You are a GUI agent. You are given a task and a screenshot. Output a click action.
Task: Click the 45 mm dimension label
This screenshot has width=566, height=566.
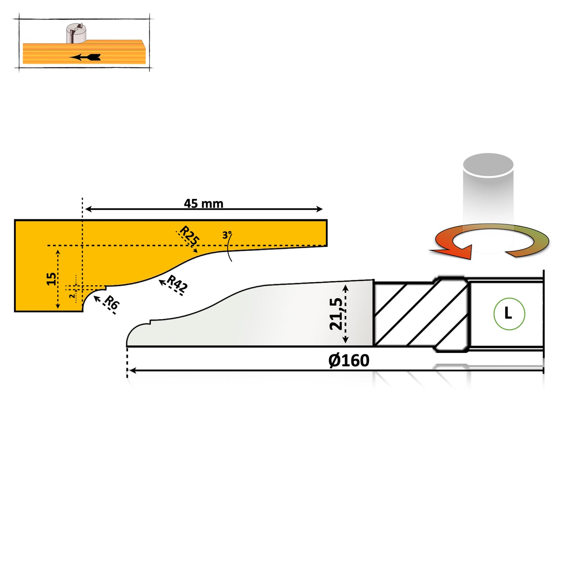[204, 204]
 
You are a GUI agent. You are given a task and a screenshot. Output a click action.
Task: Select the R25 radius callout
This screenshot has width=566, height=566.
[190, 235]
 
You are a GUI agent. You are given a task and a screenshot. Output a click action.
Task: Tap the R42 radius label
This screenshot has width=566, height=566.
[177, 284]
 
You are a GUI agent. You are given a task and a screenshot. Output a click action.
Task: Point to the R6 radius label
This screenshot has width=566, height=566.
[112, 302]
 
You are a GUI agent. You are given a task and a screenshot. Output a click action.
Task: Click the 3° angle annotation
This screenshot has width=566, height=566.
[227, 235]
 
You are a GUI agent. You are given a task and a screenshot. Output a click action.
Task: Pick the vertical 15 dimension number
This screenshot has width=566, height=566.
[51, 279]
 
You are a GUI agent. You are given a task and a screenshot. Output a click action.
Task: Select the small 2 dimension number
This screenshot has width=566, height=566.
[72, 296]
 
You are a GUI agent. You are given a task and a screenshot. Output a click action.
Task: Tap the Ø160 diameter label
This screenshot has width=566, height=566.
[349, 360]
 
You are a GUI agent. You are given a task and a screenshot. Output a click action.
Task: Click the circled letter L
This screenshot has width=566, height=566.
[509, 314]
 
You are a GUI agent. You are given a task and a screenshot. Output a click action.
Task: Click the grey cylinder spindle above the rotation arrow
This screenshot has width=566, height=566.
[488, 203]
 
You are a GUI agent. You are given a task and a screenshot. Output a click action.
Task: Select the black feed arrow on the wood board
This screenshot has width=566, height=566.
[85, 57]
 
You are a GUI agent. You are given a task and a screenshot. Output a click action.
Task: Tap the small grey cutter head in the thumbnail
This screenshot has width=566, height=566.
[76, 33]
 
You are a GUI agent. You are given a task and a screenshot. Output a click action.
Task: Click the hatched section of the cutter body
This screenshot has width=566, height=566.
[421, 314]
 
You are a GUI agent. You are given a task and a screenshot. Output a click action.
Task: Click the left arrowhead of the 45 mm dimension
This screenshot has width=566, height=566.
[89, 209]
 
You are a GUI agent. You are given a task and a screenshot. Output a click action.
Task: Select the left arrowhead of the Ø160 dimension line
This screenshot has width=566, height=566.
[133, 371]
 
